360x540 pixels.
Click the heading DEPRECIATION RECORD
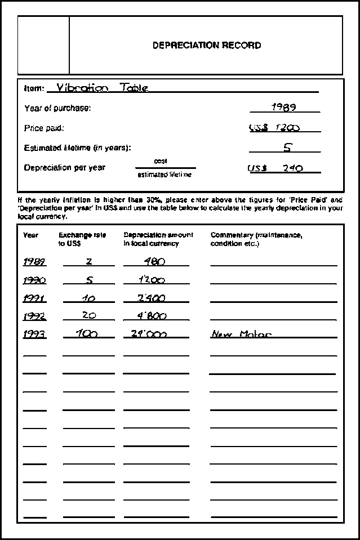206,46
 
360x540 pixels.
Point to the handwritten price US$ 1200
274,128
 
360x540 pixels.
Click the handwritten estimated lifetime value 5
287,148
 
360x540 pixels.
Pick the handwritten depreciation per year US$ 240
276,168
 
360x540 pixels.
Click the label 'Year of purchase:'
57,108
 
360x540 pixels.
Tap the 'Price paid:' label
44,128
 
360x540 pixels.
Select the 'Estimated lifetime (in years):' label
78,148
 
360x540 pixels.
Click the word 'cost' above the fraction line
161,162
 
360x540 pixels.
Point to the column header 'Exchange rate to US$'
82,239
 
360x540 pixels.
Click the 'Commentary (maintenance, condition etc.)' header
256,239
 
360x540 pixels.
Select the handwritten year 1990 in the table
34,280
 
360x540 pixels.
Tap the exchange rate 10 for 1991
88,298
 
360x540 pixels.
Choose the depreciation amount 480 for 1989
154,261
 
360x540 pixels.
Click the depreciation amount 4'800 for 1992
153,316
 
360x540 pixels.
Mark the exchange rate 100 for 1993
87,334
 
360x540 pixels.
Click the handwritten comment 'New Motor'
241,334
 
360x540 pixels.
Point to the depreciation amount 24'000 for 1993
149,334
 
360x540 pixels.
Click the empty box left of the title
43,45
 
